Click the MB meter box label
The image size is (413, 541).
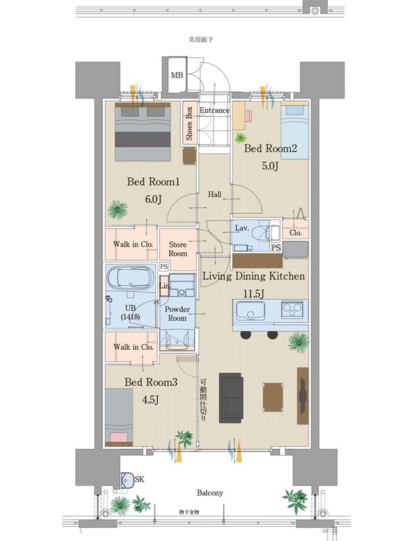[177, 75]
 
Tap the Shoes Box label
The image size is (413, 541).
[189, 123]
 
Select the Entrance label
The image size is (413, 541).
[215, 111]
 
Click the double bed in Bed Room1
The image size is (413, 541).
[143, 132]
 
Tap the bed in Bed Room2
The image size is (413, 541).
[295, 130]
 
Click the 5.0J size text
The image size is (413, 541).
[270, 166]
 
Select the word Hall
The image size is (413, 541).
[215, 195]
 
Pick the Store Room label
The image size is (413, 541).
[178, 249]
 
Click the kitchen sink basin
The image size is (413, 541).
[251, 310]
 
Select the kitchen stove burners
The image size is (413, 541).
[292, 308]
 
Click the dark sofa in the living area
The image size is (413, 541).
[231, 397]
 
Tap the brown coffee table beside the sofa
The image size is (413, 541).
[273, 397]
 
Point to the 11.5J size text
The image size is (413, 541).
[254, 294]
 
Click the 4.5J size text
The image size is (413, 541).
[150, 399]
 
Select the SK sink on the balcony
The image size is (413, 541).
[127, 480]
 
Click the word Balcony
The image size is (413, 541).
[210, 493]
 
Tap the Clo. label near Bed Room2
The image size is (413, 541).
[296, 233]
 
